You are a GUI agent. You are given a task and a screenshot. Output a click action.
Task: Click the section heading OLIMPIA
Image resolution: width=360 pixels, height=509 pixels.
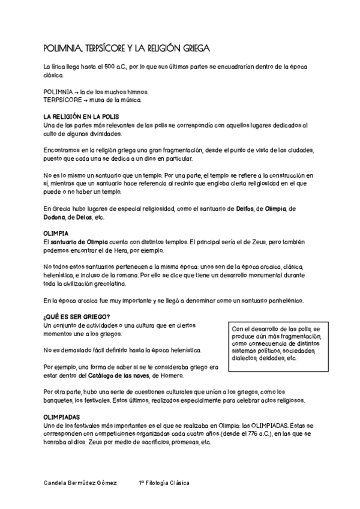[56, 232]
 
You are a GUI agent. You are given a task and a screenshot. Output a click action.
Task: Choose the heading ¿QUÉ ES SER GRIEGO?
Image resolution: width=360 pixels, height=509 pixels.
[77, 317]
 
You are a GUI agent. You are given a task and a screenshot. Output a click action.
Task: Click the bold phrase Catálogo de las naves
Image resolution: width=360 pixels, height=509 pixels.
[115, 376]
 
